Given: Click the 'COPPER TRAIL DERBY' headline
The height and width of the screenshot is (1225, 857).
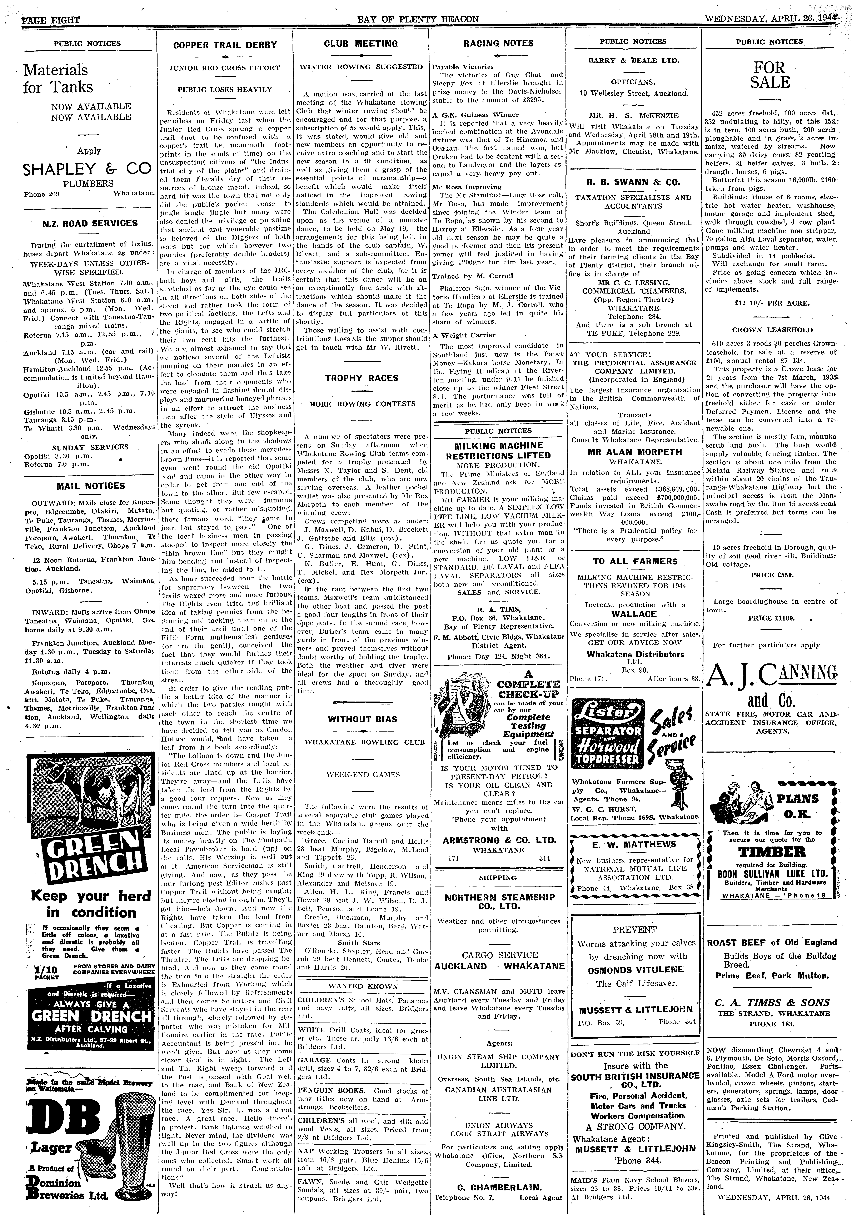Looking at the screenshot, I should (x=225, y=45).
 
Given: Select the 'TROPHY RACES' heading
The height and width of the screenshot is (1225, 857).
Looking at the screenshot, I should (x=362, y=378).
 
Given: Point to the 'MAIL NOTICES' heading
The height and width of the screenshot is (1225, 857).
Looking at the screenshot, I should (x=91, y=486).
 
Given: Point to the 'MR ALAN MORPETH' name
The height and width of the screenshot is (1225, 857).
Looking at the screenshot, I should (x=633, y=452).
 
